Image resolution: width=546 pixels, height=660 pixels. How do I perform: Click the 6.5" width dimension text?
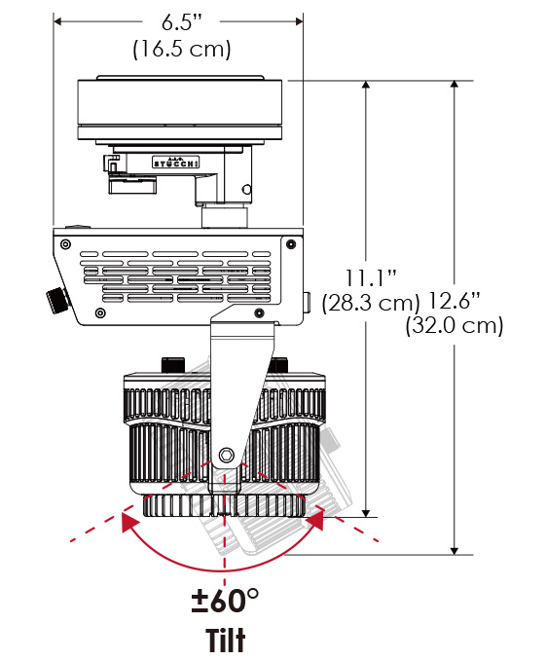coord(182,21)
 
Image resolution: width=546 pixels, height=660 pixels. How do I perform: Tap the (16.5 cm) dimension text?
coord(182,50)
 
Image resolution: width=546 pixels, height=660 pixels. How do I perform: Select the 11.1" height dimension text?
coord(371,277)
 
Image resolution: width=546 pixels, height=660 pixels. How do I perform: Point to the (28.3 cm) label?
coord(371,303)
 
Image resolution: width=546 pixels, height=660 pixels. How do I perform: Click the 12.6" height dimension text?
coord(455,301)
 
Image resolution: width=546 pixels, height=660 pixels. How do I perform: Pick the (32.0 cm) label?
coord(455,325)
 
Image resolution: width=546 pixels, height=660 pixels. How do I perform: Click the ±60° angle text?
coord(225,601)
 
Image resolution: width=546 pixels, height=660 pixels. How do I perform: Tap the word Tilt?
coord(225,640)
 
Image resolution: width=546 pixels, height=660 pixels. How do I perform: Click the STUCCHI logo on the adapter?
coord(175,163)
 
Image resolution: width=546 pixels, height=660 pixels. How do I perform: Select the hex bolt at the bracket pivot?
coord(227,455)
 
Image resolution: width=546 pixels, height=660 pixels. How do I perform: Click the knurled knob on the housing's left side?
coord(57,300)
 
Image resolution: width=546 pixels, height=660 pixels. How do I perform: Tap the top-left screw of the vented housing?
coord(65,244)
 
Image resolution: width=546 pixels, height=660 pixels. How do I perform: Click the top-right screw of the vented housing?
coord(291,244)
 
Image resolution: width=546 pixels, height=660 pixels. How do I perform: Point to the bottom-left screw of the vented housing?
coord(100,312)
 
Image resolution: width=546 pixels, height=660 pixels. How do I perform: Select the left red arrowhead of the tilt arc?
coord(129,521)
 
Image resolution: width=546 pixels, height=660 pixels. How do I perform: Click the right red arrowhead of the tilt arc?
coord(315,519)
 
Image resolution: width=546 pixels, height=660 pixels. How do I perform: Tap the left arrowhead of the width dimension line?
coord(58,21)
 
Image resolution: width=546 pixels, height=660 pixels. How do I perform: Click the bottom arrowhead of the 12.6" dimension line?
coord(455,550)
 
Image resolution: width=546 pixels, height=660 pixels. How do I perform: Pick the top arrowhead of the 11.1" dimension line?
coord(366,85)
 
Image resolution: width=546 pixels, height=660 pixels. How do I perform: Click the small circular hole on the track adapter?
coord(247,190)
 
